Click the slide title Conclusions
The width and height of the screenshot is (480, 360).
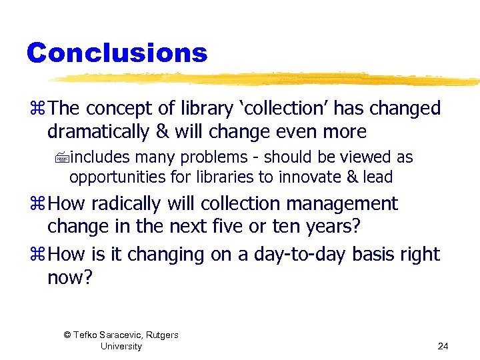click(x=117, y=53)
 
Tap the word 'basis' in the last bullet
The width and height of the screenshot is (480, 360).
click(x=377, y=255)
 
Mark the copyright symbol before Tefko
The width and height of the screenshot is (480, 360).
click(x=67, y=335)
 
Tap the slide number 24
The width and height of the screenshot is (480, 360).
click(x=443, y=346)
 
